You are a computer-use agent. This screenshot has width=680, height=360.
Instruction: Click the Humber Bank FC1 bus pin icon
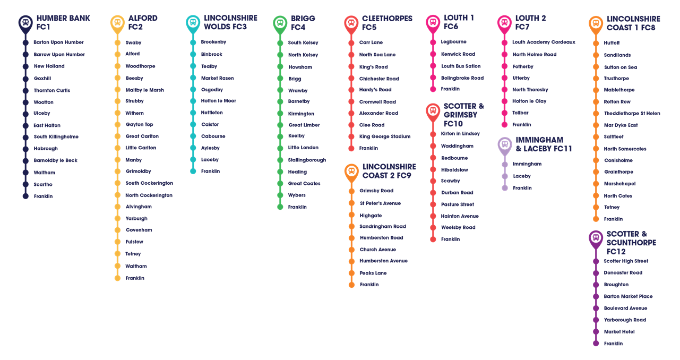point(25,24)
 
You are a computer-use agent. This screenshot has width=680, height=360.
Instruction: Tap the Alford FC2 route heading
point(143,22)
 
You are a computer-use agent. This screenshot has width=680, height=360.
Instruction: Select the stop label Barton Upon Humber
point(58,42)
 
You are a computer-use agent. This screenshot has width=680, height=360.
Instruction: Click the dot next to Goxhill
point(25,79)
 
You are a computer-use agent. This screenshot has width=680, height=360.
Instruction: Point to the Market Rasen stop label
point(217,78)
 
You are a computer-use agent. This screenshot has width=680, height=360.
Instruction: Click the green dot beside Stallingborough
point(280,160)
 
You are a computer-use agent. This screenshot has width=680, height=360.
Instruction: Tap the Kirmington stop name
point(301,114)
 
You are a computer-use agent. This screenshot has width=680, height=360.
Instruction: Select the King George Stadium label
point(385,136)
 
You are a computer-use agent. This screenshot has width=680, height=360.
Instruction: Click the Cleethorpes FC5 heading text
point(387,23)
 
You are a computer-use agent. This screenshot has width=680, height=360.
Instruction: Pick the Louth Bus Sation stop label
point(461,66)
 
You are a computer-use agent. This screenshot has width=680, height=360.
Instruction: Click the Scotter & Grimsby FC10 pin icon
point(433,112)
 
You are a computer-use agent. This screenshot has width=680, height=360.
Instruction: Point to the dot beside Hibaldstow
point(433,170)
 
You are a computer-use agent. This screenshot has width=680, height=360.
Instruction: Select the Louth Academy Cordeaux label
point(544,42)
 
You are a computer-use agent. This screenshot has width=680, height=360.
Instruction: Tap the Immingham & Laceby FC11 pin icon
point(505,145)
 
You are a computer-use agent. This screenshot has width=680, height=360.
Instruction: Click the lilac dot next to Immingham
point(505,164)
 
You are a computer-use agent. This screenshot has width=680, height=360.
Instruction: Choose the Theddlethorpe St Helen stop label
point(632,113)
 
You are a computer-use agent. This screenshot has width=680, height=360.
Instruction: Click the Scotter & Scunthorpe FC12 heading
point(631,243)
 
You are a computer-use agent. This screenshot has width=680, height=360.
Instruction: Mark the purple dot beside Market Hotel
point(596,332)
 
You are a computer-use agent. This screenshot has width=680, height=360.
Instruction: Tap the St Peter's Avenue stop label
point(380,203)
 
